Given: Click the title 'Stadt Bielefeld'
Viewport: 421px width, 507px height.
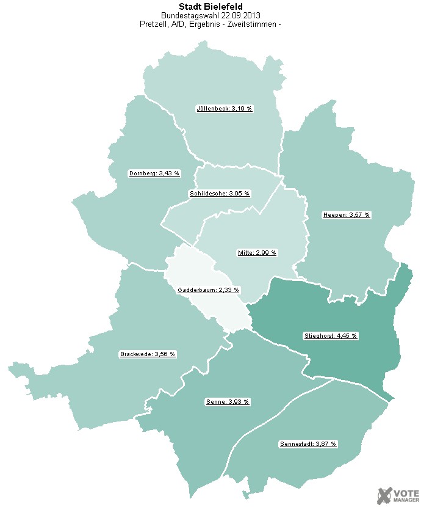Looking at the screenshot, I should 210,7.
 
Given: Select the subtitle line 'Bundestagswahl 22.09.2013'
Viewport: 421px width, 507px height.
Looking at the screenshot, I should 210,15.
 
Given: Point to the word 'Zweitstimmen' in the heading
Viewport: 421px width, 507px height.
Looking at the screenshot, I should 254,24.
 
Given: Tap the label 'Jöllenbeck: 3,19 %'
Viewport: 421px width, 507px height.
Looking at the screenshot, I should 225,109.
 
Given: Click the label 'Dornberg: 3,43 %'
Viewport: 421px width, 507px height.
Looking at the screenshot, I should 154,173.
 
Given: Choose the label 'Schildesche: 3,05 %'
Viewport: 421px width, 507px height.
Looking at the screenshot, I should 220,194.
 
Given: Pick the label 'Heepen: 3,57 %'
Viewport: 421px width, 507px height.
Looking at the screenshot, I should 347,215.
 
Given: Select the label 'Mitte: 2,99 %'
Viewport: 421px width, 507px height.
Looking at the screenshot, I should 257,252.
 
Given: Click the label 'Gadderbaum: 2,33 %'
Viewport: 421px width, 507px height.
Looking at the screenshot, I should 208,290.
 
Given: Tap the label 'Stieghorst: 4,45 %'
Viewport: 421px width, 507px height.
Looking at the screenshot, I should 331,336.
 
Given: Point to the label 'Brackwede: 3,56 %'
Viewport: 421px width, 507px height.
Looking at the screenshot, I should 148,354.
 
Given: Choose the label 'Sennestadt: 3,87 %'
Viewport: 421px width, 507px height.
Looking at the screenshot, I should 308,443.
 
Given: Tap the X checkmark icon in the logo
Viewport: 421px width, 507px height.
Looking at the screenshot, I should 385,495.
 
